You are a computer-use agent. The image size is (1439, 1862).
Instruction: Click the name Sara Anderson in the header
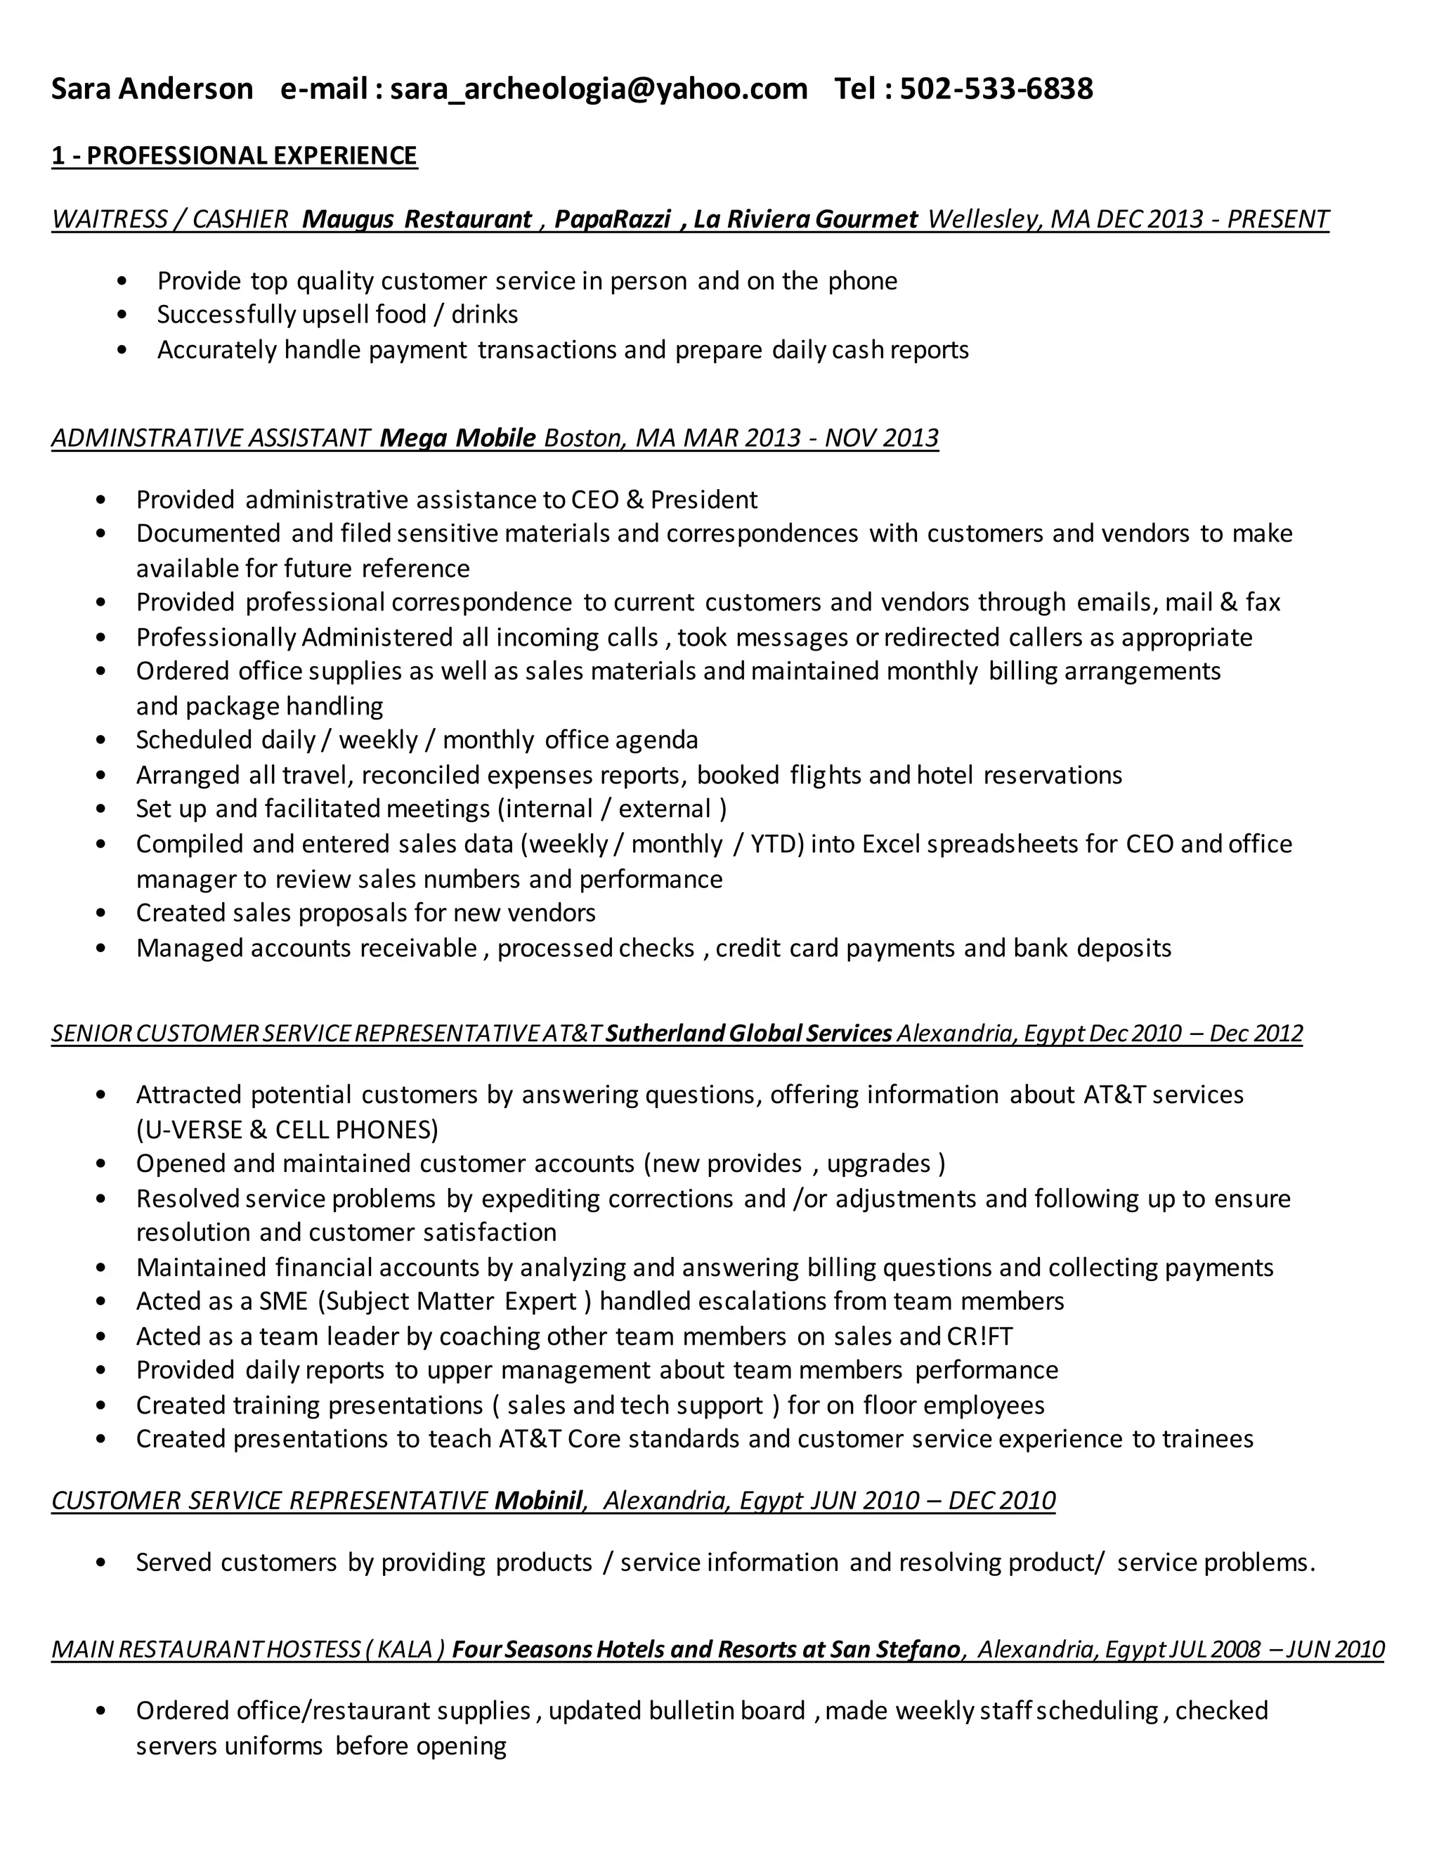click(152, 89)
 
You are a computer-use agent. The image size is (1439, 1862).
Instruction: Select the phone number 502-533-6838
click(996, 89)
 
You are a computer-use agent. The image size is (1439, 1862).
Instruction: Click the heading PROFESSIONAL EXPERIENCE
click(252, 155)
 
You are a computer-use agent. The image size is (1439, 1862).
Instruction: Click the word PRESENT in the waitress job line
click(1278, 219)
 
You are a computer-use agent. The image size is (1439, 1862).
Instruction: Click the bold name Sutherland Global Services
click(748, 1034)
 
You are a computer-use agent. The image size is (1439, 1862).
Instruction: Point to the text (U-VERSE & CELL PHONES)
click(287, 1130)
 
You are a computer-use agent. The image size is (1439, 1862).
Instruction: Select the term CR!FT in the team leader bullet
click(979, 1336)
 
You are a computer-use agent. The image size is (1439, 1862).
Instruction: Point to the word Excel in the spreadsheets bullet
click(891, 844)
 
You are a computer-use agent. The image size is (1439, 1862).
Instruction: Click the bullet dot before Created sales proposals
click(101, 913)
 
